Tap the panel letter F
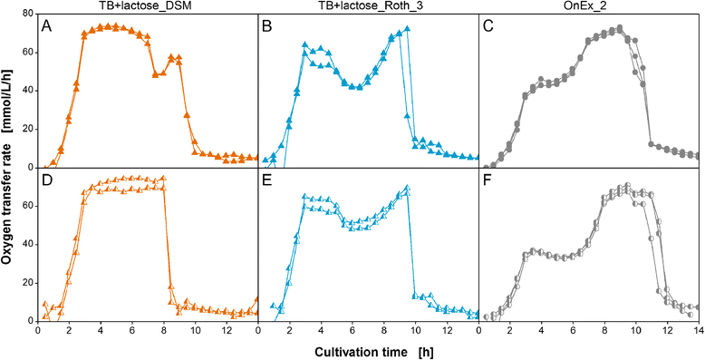coord(488,180)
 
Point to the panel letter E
coord(266,180)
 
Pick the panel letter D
coord(46,180)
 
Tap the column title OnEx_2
coord(589,5)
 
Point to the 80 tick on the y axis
coord(29,14)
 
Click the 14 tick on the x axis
coord(699,330)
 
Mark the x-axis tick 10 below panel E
coord(415,330)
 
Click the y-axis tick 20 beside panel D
coord(29,283)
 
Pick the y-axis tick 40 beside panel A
coord(29,91)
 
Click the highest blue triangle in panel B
coord(408,29)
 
